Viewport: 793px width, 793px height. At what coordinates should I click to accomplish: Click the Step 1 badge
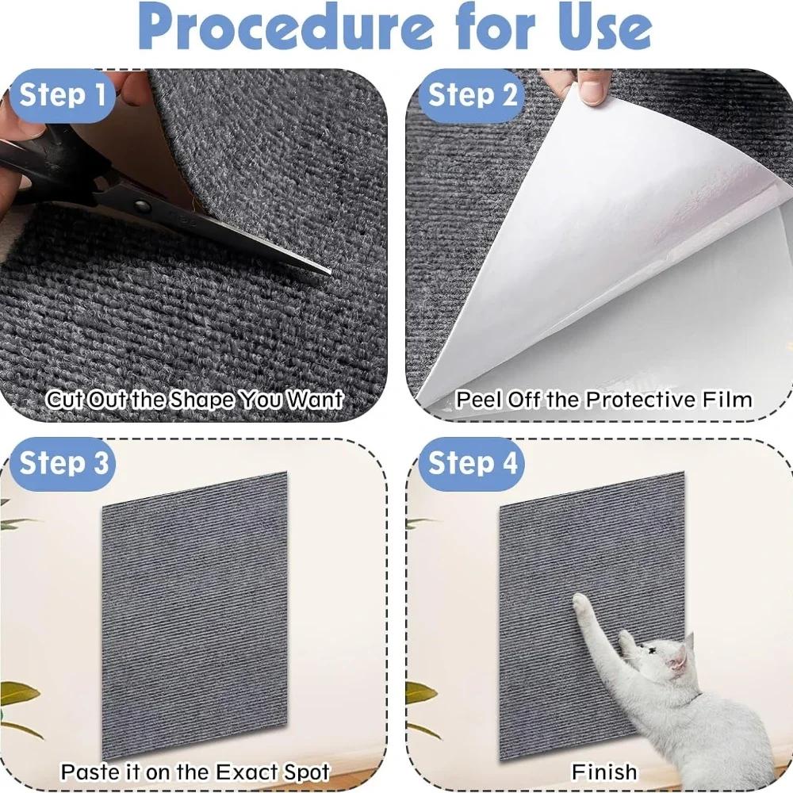click(62, 95)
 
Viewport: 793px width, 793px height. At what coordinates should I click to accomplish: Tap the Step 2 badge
click(473, 95)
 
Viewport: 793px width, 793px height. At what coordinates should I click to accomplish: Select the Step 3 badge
click(63, 463)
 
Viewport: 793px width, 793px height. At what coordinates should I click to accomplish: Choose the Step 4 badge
click(473, 463)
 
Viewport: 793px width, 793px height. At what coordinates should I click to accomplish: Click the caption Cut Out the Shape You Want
click(194, 400)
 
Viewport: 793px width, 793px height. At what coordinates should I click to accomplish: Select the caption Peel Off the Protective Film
click(603, 400)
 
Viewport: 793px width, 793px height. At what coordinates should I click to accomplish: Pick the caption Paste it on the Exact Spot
click(195, 772)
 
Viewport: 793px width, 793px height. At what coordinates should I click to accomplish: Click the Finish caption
click(603, 772)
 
